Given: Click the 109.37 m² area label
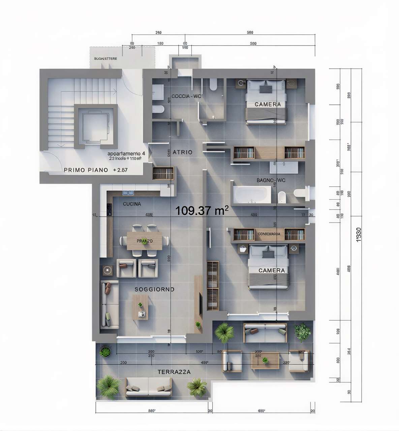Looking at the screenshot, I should point(202,210).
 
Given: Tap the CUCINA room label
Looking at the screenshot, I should point(132,204).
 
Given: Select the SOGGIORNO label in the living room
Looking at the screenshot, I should point(154,289).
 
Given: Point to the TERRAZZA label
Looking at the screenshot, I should point(174,372).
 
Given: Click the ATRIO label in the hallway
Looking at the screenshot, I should point(182,152).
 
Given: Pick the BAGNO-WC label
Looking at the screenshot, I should point(271,180).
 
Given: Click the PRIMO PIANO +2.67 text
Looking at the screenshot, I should point(96,170).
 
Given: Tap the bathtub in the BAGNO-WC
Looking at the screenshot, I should point(252,195).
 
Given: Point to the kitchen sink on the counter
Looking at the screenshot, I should point(128,193).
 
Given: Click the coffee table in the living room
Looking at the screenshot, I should point(140,307).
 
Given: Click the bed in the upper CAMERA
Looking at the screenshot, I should point(266,101).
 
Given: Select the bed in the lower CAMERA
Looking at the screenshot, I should point(269,267).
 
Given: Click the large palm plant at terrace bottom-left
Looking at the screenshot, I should point(108,386).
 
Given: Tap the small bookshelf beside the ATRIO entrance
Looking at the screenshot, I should point(163,173).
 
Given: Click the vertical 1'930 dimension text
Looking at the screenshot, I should point(359,235).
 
